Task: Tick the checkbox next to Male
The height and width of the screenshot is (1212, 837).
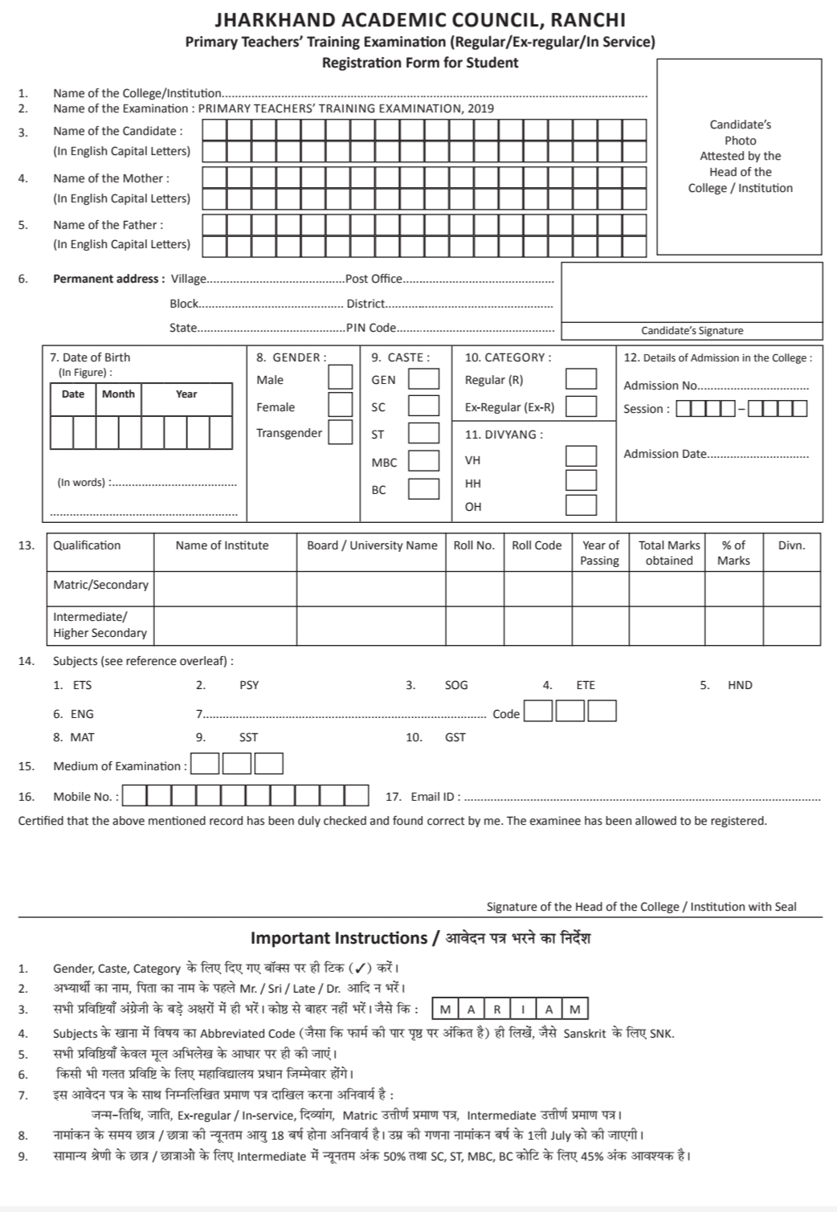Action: coord(340,377)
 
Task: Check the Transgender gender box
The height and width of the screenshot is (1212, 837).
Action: coord(340,432)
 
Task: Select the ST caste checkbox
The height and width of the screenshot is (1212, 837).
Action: coord(423,434)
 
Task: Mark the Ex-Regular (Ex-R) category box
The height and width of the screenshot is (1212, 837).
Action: coord(581,406)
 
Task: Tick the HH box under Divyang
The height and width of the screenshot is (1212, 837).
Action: coord(581,481)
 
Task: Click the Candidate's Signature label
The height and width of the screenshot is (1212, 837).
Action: coord(692,331)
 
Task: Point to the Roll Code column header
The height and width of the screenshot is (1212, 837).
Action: coord(537,545)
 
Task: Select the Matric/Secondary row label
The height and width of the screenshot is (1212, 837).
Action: coord(100,585)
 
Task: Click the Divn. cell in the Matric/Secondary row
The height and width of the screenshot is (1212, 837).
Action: coord(791,589)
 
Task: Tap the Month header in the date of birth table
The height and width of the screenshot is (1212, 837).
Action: coord(118,394)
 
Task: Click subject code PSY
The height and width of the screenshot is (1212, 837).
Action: coord(249,685)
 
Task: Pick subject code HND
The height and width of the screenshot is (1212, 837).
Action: coord(740,685)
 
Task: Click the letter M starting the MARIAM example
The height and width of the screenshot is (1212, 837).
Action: coord(445,1010)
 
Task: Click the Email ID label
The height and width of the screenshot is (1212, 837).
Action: coord(435,797)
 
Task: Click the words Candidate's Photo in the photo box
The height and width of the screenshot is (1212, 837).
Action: coord(740,133)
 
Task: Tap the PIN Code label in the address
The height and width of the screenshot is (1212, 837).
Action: coord(371,328)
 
